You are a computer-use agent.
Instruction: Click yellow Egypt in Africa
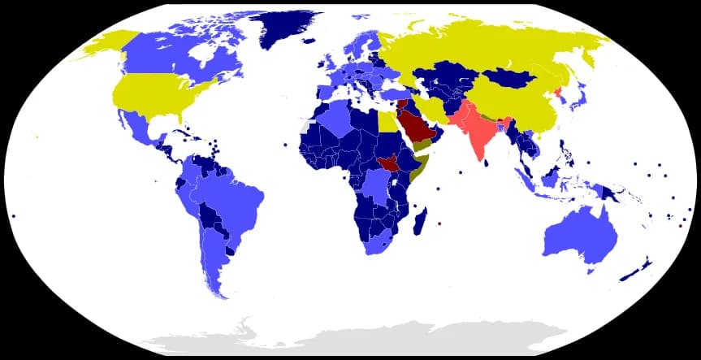tap(388, 122)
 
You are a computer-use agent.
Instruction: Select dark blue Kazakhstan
tap(447, 77)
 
